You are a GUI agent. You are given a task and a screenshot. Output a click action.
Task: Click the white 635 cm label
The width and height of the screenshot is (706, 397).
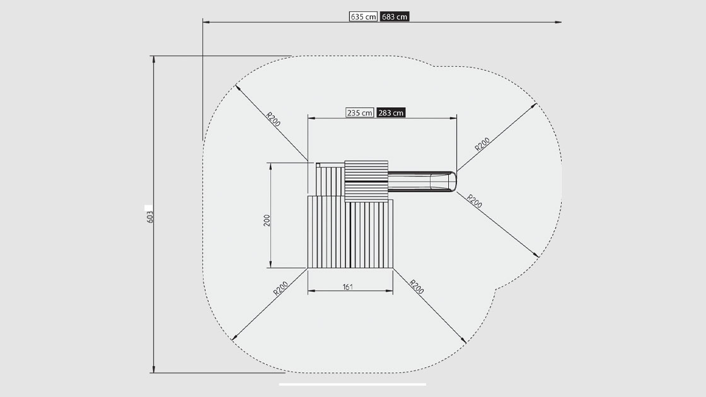363,16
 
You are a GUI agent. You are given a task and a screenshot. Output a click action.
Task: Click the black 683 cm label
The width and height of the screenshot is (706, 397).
395,16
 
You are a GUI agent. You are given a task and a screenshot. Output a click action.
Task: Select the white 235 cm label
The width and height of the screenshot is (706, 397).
360,113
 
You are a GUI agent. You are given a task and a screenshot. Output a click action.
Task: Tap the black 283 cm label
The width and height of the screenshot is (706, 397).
391,113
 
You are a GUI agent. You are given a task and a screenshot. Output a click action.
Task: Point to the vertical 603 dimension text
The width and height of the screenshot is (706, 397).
150,217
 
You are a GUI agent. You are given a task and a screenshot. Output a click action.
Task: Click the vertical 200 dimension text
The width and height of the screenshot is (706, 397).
267,220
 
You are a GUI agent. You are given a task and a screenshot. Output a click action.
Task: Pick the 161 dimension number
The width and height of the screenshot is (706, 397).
347,287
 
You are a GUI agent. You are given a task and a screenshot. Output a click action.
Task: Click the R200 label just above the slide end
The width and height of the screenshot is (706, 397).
482,144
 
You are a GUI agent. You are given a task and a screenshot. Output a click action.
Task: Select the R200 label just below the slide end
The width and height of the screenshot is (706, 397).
475,201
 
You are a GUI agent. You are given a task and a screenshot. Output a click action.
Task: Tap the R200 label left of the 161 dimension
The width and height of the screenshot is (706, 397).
281,289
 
